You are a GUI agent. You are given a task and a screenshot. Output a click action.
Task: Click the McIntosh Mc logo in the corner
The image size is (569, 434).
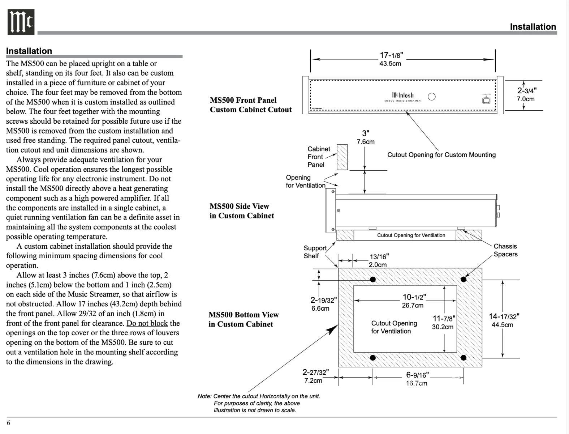(21, 22)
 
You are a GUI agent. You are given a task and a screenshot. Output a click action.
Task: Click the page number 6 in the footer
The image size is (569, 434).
(8, 422)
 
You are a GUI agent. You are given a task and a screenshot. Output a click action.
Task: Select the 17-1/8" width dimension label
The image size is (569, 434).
(391, 55)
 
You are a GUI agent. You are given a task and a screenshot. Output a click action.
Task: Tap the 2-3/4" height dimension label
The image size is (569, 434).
(527, 90)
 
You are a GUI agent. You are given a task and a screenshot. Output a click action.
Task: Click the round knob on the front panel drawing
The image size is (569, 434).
(432, 97)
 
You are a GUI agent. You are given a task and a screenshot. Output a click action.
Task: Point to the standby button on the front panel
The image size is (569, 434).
(486, 100)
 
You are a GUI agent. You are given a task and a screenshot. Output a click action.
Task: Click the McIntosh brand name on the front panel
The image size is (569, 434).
(402, 95)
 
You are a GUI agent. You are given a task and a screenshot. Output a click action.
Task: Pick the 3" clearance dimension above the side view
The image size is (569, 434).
(366, 133)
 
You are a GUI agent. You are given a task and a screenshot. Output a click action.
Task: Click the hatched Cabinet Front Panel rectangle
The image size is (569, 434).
(342, 157)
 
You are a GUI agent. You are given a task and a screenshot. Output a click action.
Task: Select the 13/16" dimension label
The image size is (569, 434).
(379, 256)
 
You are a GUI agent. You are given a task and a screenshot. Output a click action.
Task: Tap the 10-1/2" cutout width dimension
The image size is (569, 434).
(414, 297)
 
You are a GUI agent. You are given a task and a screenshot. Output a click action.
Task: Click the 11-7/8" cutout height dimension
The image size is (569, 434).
(444, 319)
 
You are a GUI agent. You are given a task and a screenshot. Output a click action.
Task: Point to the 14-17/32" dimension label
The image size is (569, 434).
(504, 316)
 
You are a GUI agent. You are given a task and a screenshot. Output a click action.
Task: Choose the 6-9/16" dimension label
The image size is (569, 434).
(417, 375)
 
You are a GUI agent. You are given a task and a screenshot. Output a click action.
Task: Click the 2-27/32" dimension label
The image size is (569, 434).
(315, 373)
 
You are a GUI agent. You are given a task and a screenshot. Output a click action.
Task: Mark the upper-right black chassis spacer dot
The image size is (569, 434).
(464, 280)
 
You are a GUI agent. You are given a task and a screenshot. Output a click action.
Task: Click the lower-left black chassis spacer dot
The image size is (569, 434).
(373, 358)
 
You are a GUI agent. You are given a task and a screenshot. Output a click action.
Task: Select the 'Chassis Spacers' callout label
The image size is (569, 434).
(505, 250)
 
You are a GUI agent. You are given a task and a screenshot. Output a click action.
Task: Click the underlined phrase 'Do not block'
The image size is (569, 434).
(147, 323)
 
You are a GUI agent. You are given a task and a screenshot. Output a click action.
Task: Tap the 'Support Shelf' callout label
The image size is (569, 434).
(315, 252)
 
